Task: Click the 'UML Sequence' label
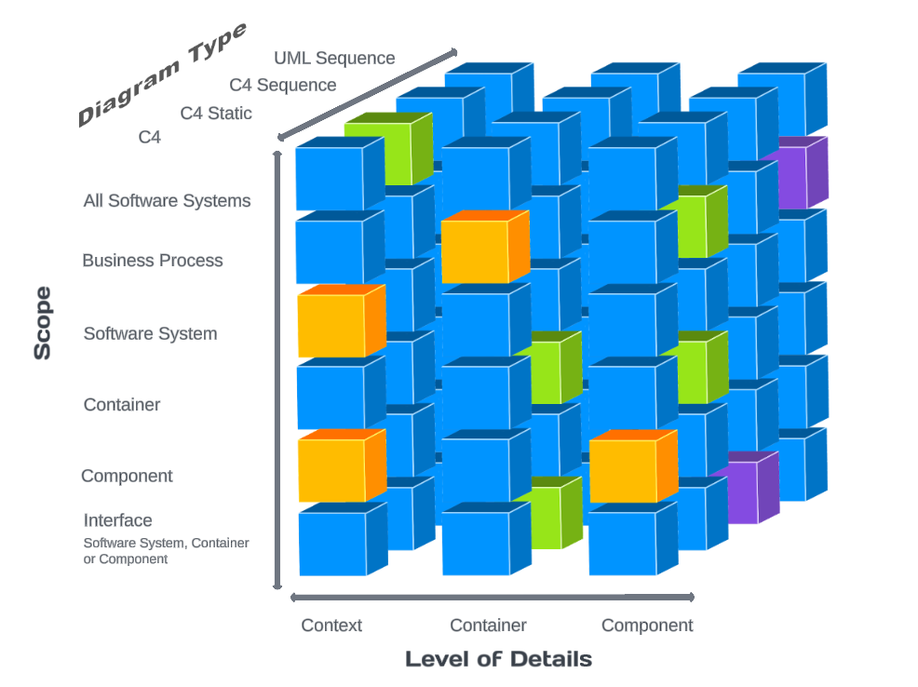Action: pos(334,58)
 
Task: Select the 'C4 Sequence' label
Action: pos(283,85)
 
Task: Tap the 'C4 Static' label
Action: pos(216,114)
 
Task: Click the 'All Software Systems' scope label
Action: pos(167,200)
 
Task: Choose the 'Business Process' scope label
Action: pos(153,261)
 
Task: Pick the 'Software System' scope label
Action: pos(150,333)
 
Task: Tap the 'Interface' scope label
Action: pos(117,520)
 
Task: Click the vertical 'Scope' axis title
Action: pos(43,323)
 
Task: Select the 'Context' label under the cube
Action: pos(331,626)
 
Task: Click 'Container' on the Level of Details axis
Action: pos(488,626)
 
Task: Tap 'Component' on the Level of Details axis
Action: pos(647,626)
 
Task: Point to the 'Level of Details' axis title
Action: pos(498,659)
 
